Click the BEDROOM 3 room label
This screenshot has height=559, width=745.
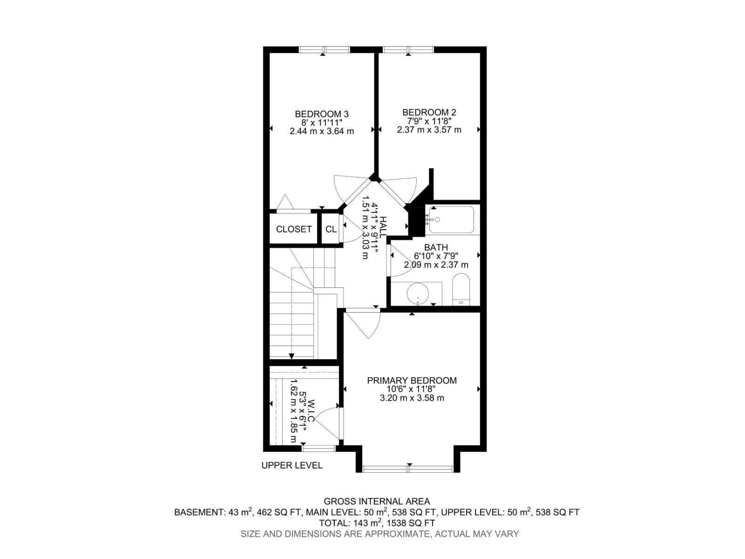[x=321, y=114]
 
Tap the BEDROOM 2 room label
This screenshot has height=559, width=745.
[x=429, y=112]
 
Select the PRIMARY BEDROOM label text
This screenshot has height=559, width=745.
[x=412, y=381]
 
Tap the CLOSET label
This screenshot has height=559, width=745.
[x=294, y=229]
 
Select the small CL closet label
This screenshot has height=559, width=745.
[x=331, y=229]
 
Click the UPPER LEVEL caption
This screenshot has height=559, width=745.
[x=292, y=465]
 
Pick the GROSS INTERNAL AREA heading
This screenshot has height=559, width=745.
[x=377, y=502]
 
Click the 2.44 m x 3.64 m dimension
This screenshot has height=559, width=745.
[x=321, y=131]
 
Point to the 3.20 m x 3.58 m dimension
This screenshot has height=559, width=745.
[x=412, y=398]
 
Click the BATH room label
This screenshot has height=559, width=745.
[x=436, y=247]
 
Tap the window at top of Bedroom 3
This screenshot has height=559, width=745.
[x=324, y=50]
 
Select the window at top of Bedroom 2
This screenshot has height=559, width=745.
[x=408, y=50]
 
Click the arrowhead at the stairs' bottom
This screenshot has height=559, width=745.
[x=292, y=356]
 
